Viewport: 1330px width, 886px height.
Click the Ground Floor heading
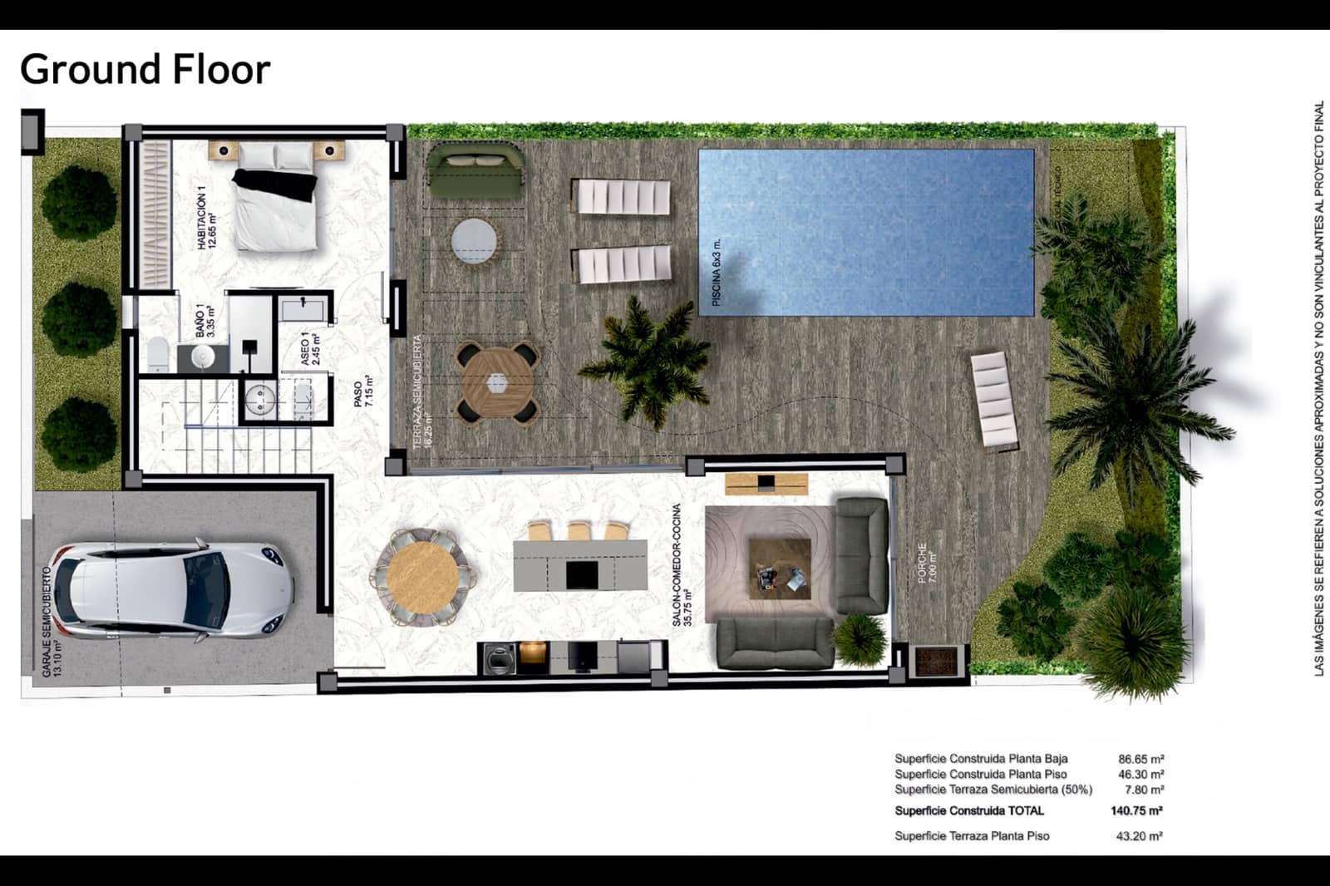145,70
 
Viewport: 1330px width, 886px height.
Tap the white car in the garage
171,590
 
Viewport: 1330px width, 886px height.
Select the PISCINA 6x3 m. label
717,273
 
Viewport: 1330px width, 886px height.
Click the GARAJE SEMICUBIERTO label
52,622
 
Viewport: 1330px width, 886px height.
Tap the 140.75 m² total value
1136,810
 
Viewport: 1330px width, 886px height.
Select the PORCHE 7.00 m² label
926,563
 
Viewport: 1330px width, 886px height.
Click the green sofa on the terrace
475,170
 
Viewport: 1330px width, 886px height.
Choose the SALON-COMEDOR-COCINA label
682,564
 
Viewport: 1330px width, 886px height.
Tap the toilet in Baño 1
158,355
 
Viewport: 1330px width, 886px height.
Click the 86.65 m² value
1140,759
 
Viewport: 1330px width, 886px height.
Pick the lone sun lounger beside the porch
994,400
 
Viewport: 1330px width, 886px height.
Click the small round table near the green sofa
475,242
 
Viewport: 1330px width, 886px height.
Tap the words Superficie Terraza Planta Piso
972,836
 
